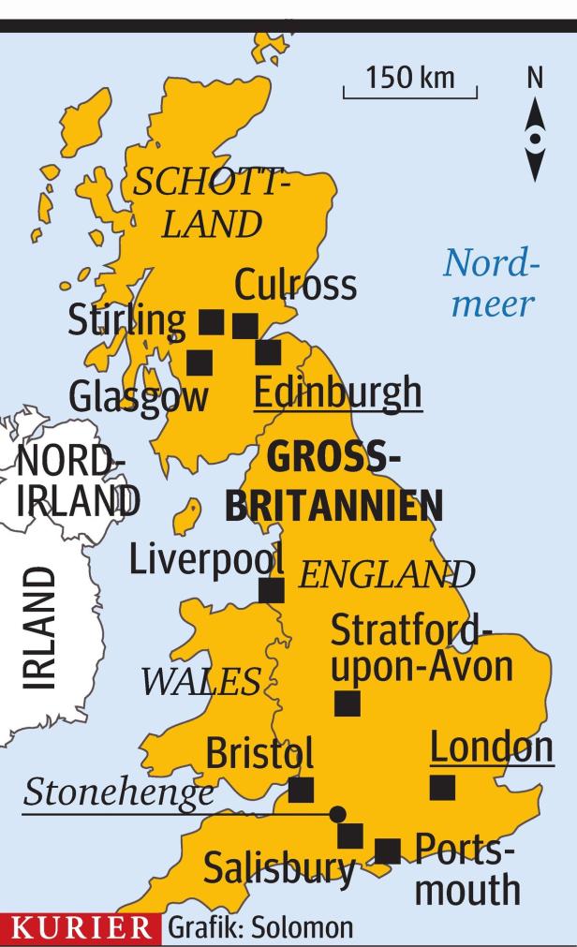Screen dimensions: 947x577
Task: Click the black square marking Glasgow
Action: tap(199, 362)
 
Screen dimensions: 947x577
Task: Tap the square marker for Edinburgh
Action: tap(268, 352)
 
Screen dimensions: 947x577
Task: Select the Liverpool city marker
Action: tap(271, 590)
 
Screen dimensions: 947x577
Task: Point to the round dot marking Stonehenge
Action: tap(337, 813)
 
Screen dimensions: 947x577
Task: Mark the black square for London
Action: tap(442, 788)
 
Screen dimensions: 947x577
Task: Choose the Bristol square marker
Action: tap(301, 791)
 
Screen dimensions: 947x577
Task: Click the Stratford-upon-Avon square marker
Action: tap(348, 703)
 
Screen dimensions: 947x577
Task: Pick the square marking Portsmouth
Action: tap(387, 851)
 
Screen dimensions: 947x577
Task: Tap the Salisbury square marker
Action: tap(350, 836)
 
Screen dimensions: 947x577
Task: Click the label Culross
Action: tap(295, 285)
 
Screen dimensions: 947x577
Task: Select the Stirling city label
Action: tap(126, 321)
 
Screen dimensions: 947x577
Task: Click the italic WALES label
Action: tap(201, 683)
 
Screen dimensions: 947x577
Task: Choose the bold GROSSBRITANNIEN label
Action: tap(334, 482)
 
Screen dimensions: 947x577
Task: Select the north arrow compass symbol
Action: tap(535, 140)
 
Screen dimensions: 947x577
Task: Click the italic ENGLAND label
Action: tap(386, 573)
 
